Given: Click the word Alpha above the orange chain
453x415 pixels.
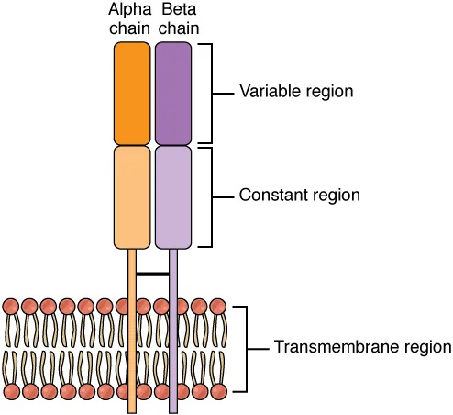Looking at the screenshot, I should [130, 11].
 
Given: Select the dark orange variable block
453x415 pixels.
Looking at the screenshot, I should [131, 94].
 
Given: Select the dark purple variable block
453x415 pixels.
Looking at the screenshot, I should [173, 94].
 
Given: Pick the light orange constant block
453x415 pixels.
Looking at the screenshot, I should [131, 196].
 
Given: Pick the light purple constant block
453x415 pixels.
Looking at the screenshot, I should [173, 196].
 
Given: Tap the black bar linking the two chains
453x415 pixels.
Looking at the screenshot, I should [152, 274].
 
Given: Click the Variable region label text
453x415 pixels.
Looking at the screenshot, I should [296, 92].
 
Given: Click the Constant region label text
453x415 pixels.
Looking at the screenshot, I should [299, 196].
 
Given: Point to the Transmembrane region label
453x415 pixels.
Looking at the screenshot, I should [362, 348].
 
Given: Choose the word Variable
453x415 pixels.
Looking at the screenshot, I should [266, 92].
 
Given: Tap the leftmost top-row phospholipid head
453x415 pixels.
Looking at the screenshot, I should [11, 306].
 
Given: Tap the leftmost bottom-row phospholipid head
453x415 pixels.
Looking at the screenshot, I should [11, 392].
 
